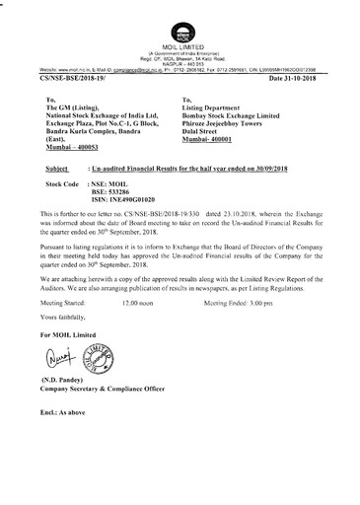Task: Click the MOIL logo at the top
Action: tap(179, 17)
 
